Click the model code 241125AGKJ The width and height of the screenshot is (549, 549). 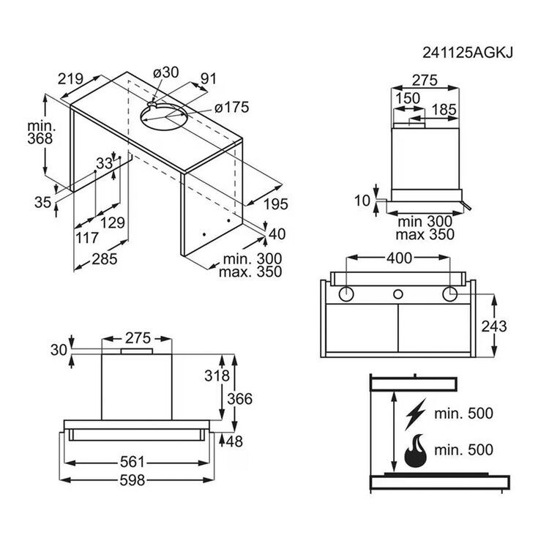[x=468, y=53]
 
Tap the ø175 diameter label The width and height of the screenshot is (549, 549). [x=231, y=107]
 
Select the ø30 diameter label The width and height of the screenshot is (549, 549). [x=166, y=72]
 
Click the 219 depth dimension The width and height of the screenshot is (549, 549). [x=70, y=79]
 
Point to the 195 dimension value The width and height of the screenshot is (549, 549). [x=275, y=204]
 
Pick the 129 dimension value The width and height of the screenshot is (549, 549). [x=113, y=223]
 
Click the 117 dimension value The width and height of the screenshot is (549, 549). [x=87, y=238]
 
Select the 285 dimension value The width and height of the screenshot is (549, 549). [x=105, y=259]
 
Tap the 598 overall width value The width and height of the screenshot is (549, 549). [x=132, y=480]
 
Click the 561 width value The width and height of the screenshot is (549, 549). [x=132, y=462]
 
